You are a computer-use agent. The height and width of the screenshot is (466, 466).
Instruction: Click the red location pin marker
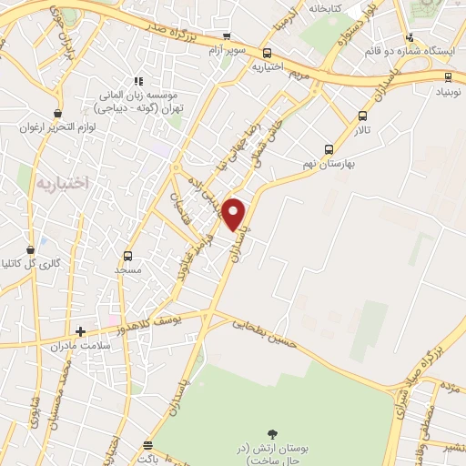click(x=235, y=214)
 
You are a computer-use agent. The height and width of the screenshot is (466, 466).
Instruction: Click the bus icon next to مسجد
click(x=127, y=256)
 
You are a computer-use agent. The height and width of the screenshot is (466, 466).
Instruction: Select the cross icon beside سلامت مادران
click(x=81, y=332)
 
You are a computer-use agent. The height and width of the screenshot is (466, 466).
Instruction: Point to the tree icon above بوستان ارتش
click(x=271, y=435)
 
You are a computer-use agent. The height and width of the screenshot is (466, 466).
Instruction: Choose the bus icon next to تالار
click(x=364, y=116)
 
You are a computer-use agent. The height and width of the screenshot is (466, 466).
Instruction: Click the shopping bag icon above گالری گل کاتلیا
click(x=30, y=247)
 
